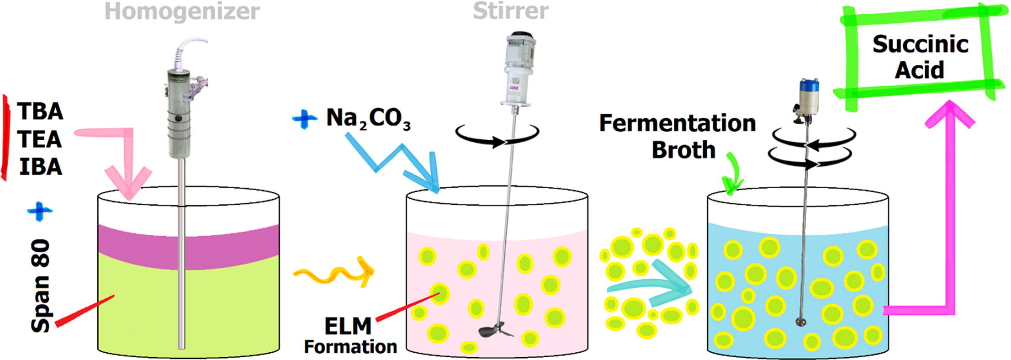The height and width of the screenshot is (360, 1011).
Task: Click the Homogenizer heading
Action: [182, 11]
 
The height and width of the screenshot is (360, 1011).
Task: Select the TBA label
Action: [40, 111]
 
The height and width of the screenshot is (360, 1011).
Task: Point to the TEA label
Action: [40, 139]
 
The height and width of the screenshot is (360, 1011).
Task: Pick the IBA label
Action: [41, 167]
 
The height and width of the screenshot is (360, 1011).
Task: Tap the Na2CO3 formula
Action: [368, 119]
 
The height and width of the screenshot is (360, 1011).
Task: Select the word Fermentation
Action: [677, 123]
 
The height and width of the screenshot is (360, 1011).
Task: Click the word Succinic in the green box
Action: [920, 44]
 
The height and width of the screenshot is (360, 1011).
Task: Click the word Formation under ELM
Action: [350, 347]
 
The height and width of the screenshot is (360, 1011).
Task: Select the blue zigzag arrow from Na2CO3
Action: [393, 160]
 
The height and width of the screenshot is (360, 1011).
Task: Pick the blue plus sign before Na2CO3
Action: [305, 119]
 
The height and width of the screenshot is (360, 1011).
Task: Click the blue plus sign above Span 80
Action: [40, 211]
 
